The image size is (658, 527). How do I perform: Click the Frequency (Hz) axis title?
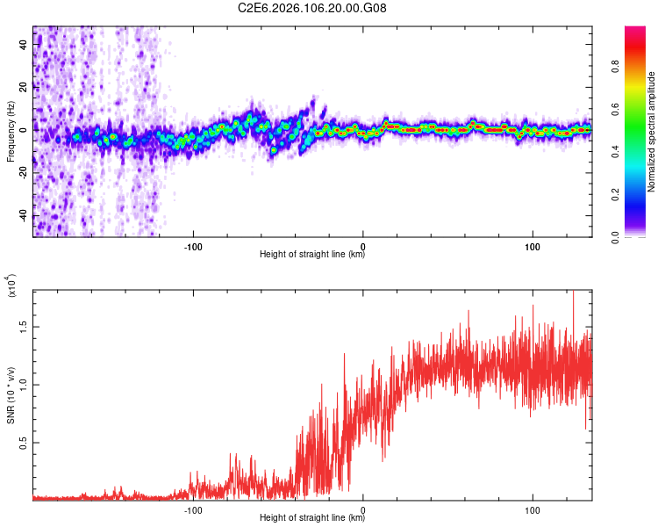11,132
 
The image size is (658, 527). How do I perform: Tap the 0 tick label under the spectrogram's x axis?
363,248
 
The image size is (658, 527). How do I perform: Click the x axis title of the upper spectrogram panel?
312,256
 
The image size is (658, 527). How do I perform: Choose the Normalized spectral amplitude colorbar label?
652,132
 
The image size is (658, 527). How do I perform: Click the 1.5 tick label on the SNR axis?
25,327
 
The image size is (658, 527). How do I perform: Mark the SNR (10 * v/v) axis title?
11,395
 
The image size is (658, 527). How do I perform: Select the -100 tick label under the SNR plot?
193,510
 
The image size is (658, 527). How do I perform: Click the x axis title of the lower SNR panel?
312,519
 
